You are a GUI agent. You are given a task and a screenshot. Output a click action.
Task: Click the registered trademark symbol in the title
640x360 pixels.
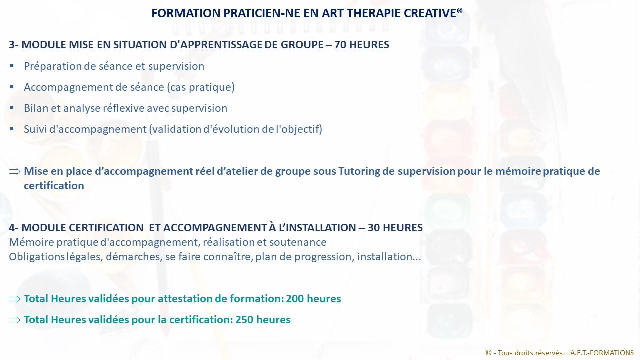coord(459,10)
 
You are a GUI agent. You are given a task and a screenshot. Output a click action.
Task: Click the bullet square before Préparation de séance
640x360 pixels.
coord(11,66)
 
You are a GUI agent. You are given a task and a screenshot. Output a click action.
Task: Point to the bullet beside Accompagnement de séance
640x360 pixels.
coord(11,87)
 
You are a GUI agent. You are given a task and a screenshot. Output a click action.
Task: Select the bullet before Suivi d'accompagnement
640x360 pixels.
coord(11,129)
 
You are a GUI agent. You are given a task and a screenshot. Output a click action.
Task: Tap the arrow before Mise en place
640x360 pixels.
coord(15,171)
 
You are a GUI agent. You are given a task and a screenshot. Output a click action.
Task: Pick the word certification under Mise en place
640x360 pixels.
coord(54,186)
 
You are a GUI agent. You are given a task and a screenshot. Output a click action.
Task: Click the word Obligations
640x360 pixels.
coord(37,257)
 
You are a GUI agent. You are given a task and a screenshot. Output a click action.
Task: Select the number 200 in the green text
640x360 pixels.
coord(295,299)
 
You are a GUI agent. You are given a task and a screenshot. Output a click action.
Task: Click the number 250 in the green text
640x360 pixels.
coord(244,320)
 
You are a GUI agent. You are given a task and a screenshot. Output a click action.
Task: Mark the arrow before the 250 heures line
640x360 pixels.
coord(15,320)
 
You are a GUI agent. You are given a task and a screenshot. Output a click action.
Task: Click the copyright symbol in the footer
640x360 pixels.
coord(489,353)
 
